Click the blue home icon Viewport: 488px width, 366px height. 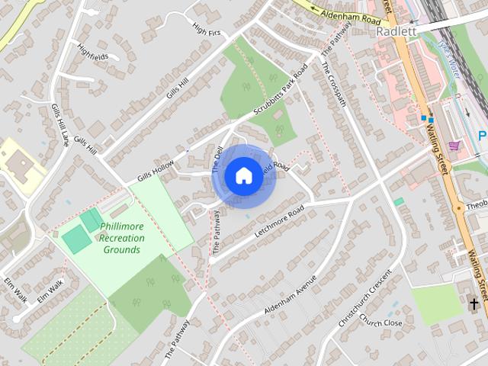(243, 175)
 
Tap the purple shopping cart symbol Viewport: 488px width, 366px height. (454, 145)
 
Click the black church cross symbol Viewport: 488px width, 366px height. (474, 304)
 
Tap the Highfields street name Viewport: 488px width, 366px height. (92, 56)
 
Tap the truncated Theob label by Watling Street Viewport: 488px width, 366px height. (476, 205)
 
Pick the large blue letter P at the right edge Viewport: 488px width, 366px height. (483, 136)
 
